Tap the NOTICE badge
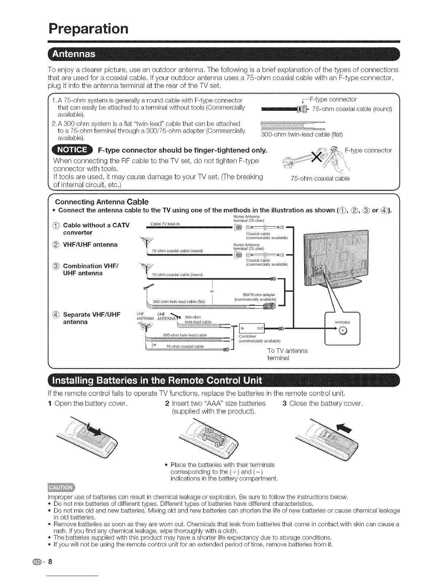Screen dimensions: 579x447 pos(72,150)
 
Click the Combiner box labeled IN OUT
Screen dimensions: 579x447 pos(251,328)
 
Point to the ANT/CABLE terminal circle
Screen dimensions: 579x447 pos(342,331)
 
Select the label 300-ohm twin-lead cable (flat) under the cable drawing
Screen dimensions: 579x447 pos(302,135)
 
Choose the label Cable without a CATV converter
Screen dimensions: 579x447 pos(96,228)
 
